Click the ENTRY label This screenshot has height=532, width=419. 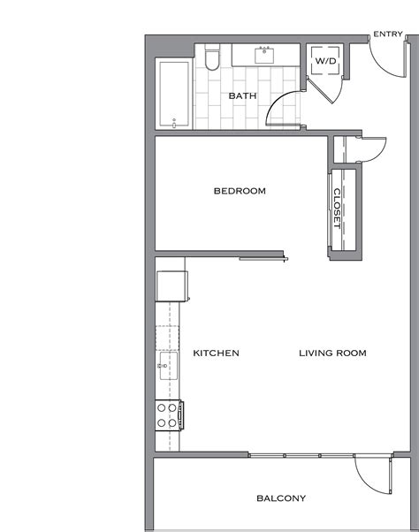(388, 34)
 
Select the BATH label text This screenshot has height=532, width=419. (242, 95)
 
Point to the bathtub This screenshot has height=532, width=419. (174, 94)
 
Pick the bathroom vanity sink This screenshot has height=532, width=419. (264, 55)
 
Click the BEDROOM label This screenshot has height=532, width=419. (240, 191)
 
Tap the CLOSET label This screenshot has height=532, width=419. (337, 209)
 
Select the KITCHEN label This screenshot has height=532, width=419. (216, 353)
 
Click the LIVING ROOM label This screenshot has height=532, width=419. (332, 353)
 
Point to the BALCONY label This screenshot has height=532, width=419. (281, 498)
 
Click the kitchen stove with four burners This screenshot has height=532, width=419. (168, 414)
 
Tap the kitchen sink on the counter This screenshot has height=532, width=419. (165, 365)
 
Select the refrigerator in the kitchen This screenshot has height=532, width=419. (171, 286)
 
